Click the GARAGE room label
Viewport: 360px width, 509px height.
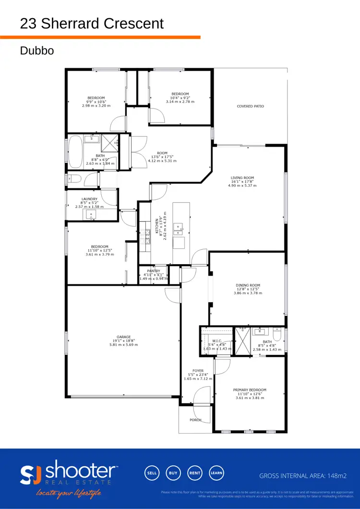coord(123,337)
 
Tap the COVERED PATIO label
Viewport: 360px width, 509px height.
coord(251,106)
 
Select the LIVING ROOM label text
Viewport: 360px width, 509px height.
coord(242,178)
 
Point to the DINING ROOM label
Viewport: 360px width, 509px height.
coord(248,285)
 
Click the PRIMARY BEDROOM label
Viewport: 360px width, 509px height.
coord(250,390)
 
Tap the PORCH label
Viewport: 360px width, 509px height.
coord(195,420)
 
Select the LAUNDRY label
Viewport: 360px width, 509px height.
coord(89,199)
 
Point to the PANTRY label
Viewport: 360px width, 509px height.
coord(154,271)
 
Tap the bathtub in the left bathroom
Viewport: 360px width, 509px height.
coord(76,152)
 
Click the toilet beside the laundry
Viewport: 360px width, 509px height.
coord(74,180)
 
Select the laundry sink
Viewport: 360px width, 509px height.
coord(91,215)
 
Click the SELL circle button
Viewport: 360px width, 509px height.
coord(152,473)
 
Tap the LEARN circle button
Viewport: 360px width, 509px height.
coord(216,473)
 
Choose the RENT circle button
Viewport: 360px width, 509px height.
coord(195,473)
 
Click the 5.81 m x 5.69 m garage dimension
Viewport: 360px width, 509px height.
coord(123,345)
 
